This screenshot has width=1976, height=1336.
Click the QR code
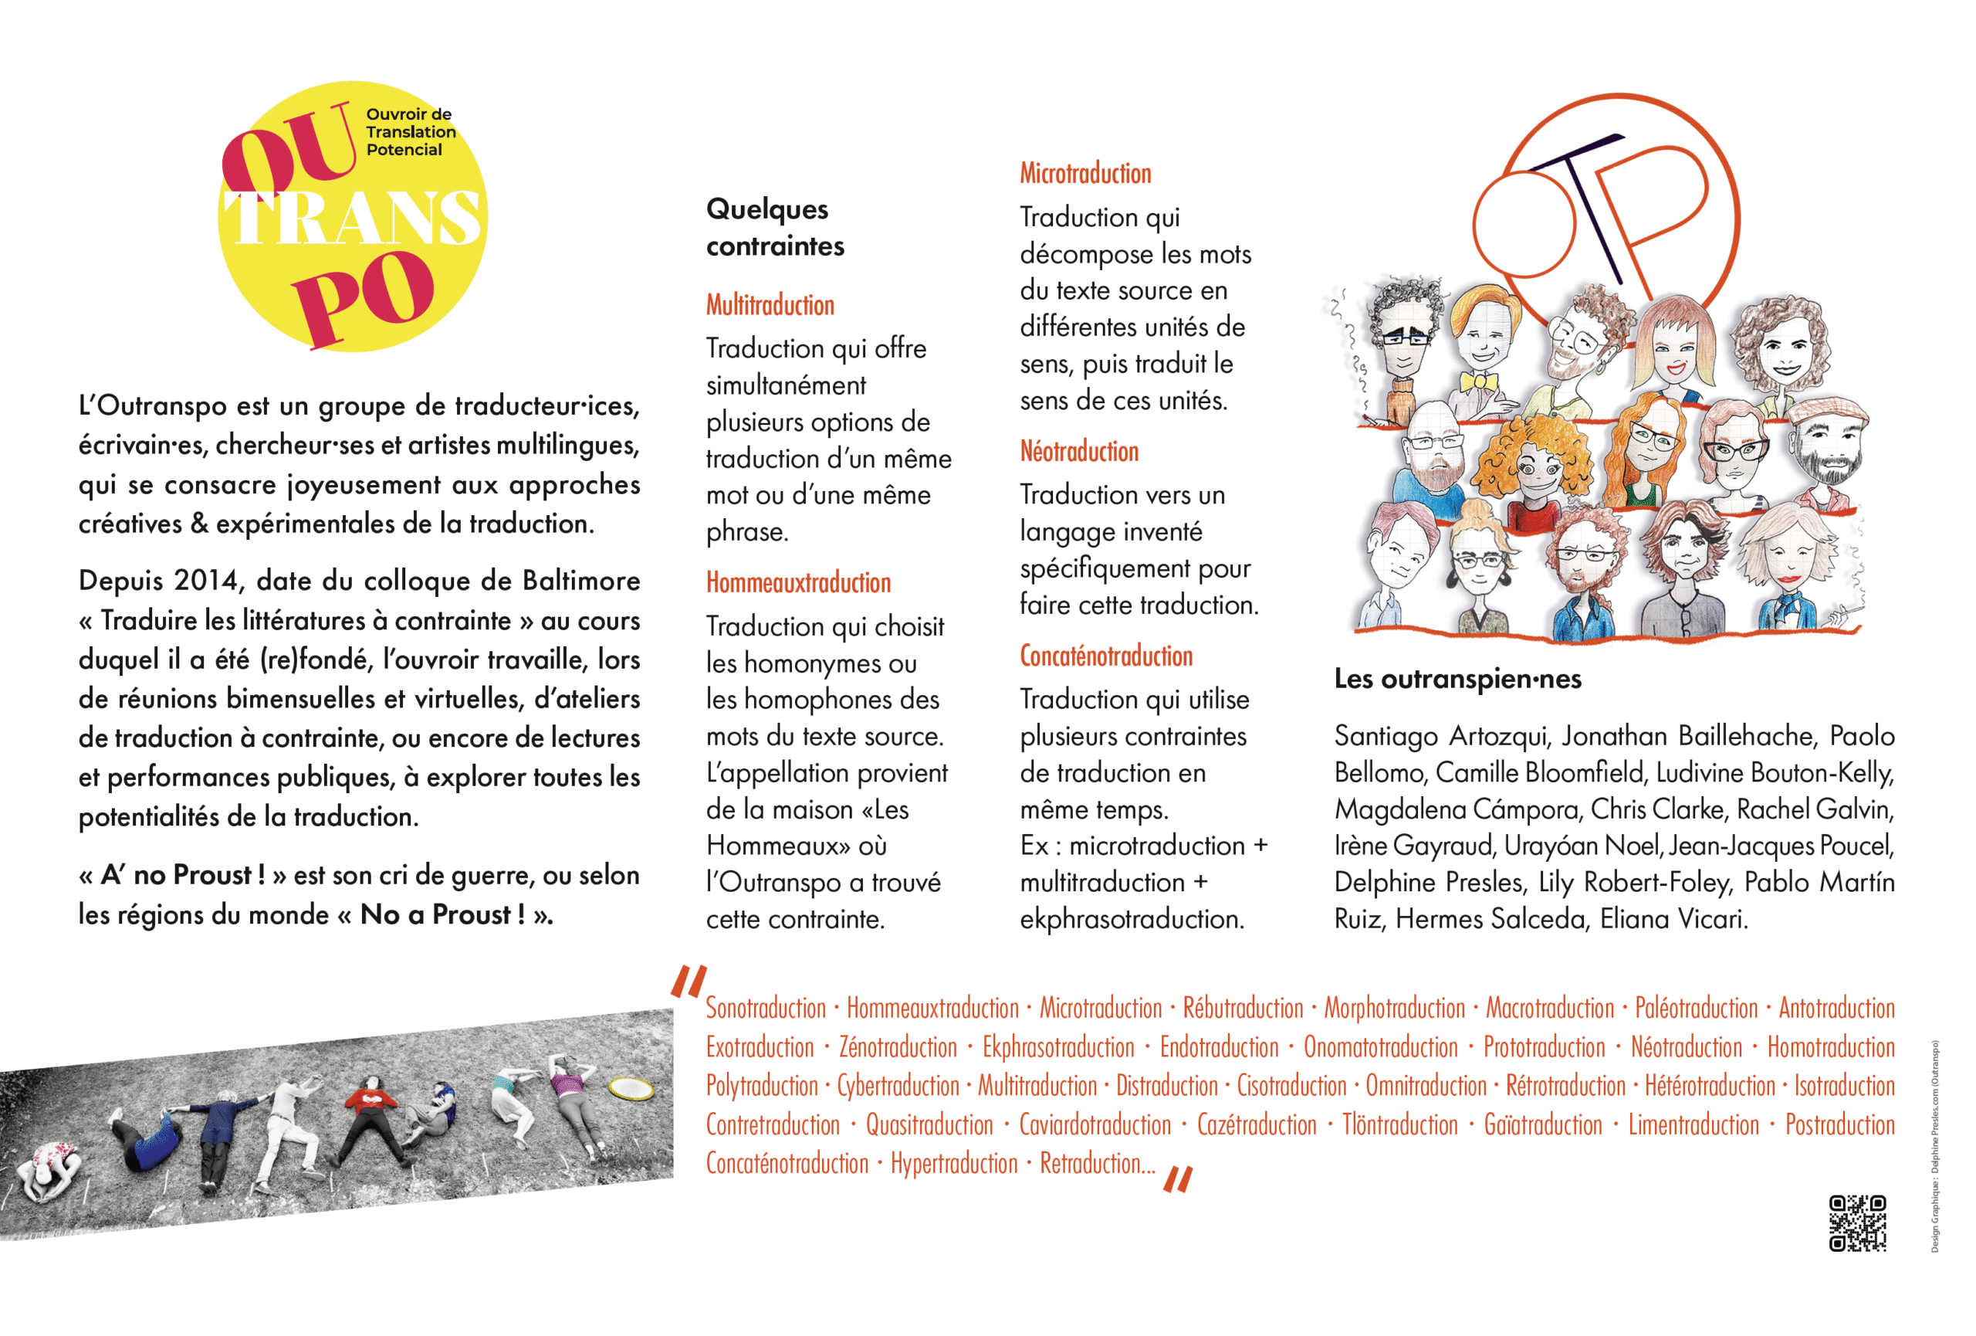[1857, 1223]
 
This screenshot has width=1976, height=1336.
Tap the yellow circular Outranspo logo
[352, 217]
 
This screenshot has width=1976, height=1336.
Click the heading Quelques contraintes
[775, 227]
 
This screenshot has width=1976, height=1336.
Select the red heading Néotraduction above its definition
[1079, 452]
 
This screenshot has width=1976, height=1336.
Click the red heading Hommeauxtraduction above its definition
[798, 583]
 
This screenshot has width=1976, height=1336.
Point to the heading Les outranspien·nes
[1457, 679]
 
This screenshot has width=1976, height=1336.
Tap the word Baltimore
[580, 581]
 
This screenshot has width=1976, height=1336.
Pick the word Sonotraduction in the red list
[765, 1009]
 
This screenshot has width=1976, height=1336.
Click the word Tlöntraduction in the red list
[1399, 1125]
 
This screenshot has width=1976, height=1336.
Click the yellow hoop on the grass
[631, 1087]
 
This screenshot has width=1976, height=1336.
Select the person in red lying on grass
[370, 1114]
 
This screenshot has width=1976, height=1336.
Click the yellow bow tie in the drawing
[1479, 381]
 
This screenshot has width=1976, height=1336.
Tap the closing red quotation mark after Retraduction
[1178, 1178]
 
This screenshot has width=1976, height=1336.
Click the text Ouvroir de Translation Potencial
[410, 132]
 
